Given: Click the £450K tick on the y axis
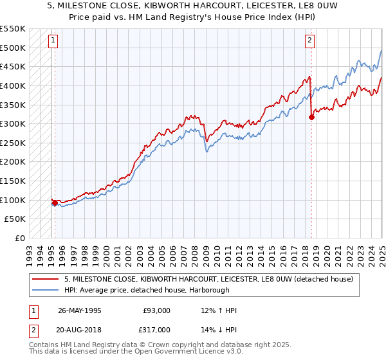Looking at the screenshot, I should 14,66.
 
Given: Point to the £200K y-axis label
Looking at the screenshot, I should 14,162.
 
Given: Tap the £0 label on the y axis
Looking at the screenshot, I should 20,239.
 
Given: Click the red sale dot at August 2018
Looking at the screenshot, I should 311,117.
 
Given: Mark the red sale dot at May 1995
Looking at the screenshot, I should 55,203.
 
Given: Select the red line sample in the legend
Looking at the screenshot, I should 45,279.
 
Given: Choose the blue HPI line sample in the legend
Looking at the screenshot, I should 45,290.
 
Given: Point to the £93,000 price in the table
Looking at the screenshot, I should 157,310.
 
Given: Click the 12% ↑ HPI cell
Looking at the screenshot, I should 219,310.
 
